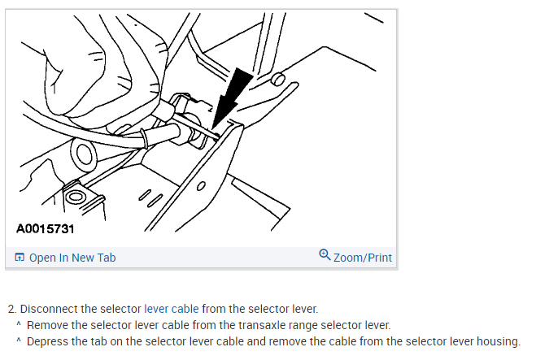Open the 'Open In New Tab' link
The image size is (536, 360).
(72, 258)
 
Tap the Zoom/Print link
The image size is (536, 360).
(362, 258)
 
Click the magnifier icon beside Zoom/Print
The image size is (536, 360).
(325, 256)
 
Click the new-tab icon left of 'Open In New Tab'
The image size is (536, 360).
(20, 258)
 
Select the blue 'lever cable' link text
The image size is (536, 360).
(171, 309)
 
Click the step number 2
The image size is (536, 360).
(11, 309)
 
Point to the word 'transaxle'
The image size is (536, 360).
(253, 325)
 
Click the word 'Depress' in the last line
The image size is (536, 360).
(49, 341)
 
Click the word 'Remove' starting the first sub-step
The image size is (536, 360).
(48, 325)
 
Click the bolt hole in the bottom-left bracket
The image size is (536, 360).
(76, 197)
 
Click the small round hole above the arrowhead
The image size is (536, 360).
(277, 80)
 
